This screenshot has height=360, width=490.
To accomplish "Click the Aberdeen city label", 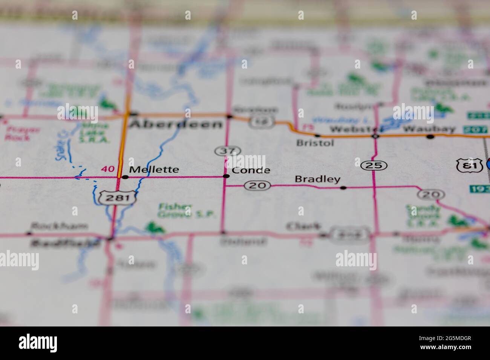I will [176, 124].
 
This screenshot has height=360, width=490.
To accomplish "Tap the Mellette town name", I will [154, 170].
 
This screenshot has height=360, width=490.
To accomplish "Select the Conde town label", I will [251, 170].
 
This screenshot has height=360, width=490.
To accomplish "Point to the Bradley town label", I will [317, 179].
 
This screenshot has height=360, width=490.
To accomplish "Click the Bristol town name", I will [315, 143].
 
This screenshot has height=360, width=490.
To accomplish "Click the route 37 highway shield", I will [227, 151].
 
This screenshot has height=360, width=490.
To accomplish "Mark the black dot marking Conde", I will [226, 176].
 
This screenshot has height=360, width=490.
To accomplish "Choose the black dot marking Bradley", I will [343, 187].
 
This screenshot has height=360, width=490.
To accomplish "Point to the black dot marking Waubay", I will [430, 137].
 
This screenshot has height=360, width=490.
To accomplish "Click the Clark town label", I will [303, 227].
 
